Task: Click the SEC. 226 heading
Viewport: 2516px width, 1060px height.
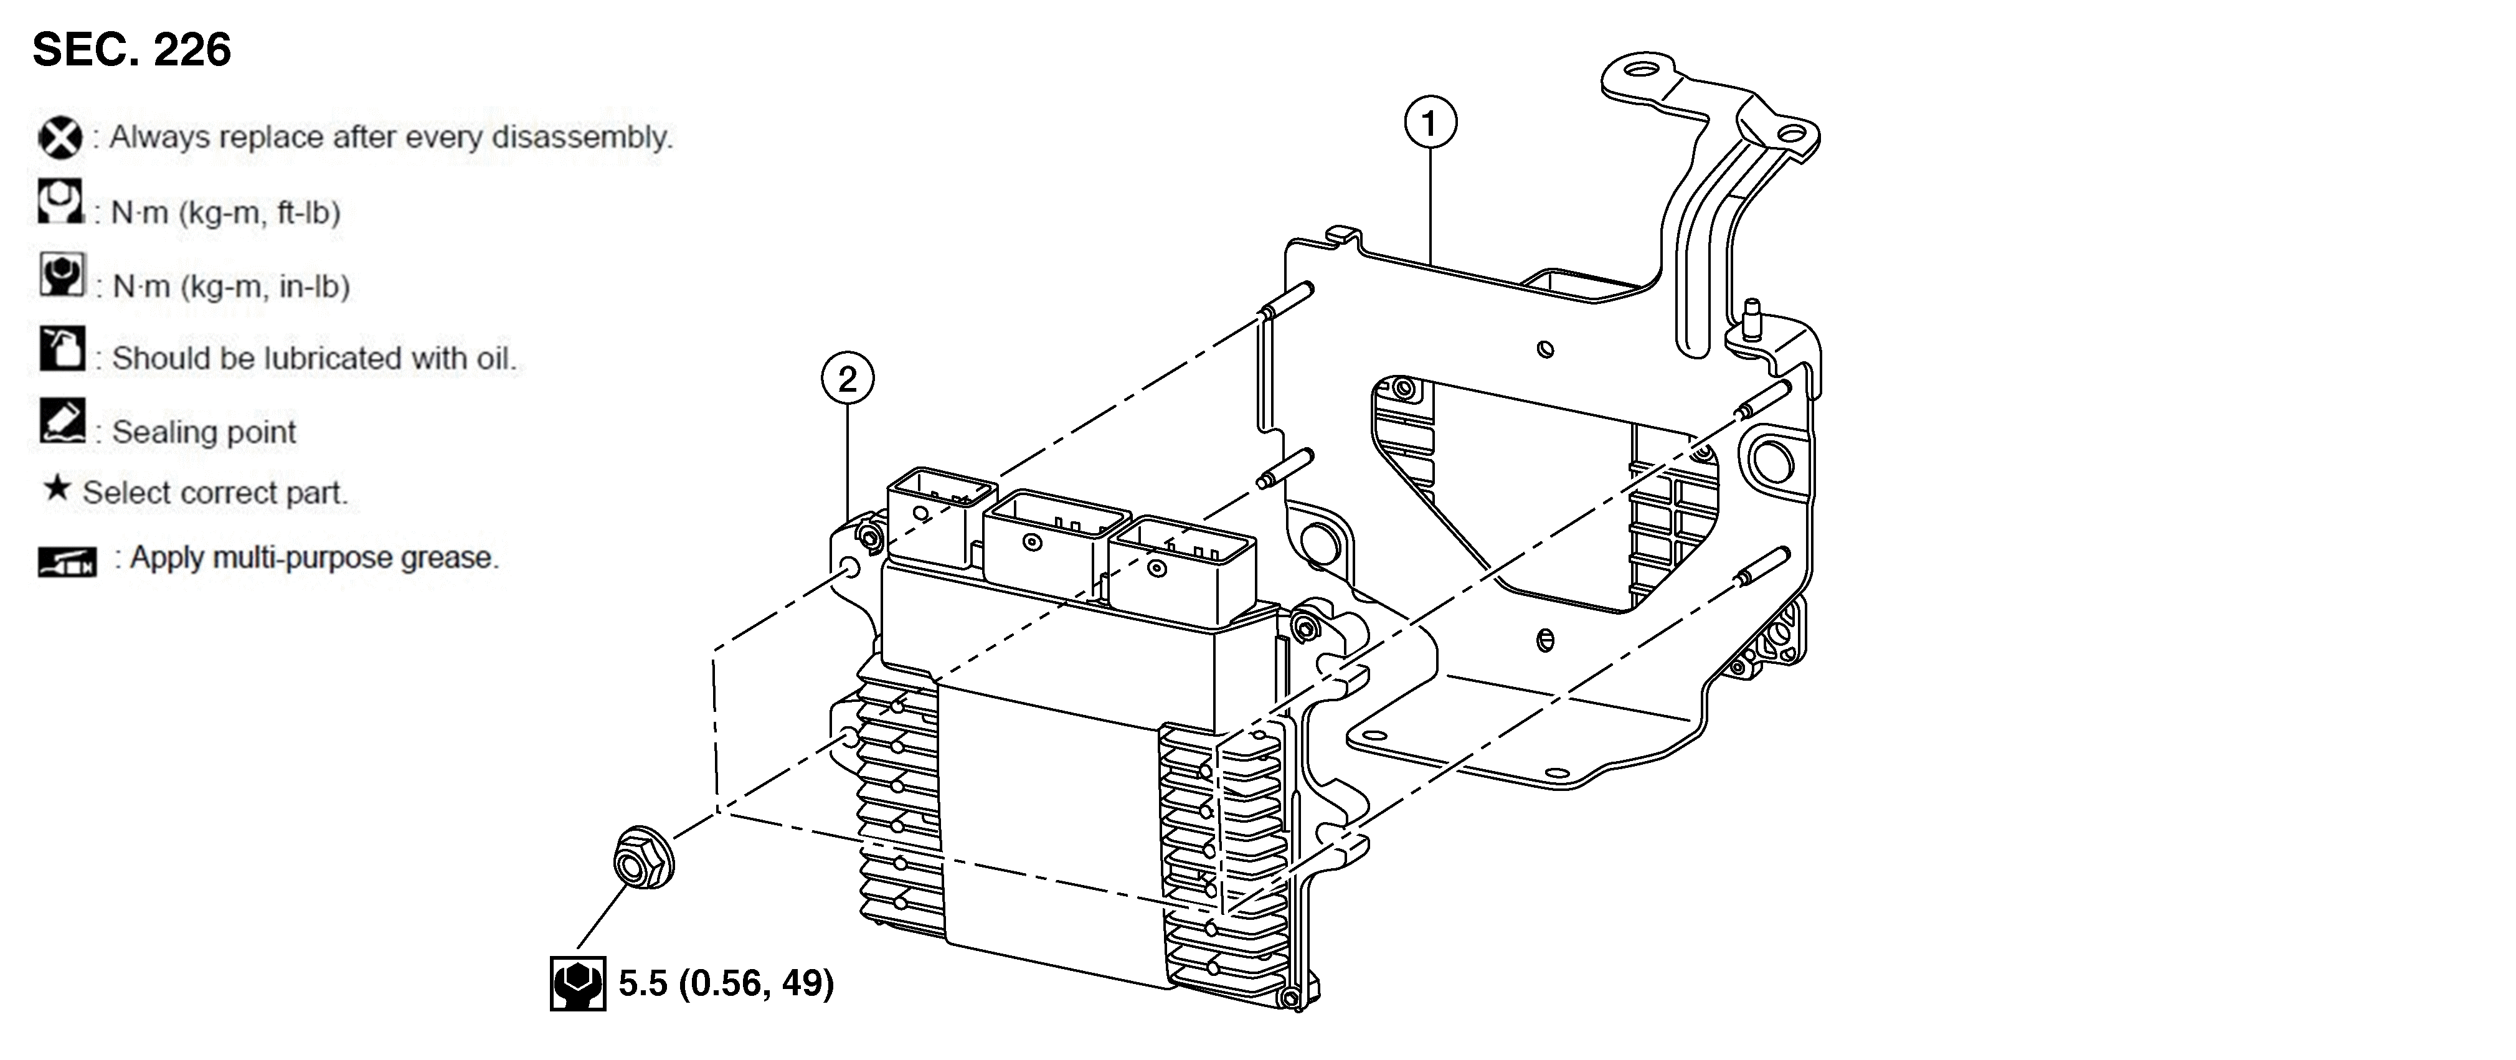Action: (x=132, y=50)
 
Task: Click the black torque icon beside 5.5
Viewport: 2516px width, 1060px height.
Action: (x=577, y=983)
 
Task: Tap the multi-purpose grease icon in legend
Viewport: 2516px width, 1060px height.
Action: (x=67, y=562)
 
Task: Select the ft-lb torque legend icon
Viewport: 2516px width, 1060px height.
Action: (x=60, y=201)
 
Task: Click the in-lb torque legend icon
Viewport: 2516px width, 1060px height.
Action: (x=62, y=275)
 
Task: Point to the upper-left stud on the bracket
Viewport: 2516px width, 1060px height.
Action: (x=1287, y=299)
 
